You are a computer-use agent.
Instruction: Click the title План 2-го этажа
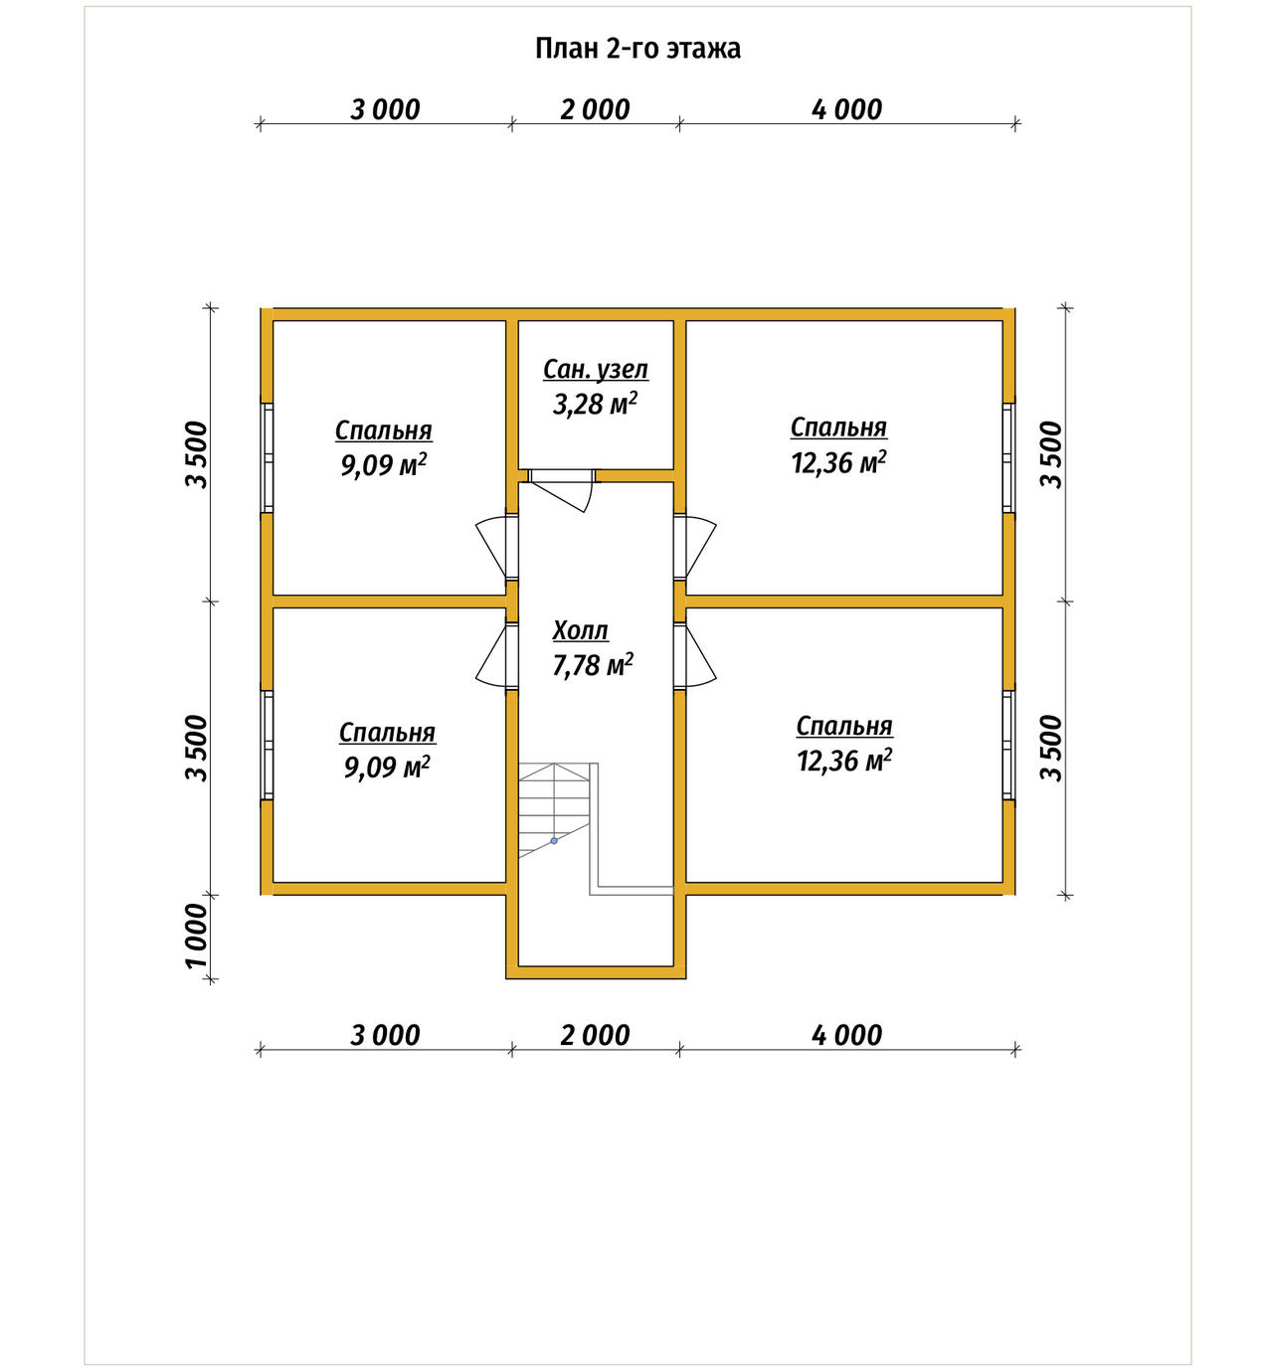click(x=637, y=49)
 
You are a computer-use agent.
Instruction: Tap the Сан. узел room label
click(x=596, y=370)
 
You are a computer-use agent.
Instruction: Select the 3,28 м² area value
click(x=595, y=404)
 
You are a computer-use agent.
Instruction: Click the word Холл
click(x=581, y=630)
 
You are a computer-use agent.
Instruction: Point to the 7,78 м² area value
click(x=593, y=665)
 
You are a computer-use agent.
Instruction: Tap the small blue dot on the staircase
click(x=554, y=841)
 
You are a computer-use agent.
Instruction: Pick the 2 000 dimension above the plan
click(x=595, y=109)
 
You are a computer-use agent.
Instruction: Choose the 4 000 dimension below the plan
click(x=846, y=1035)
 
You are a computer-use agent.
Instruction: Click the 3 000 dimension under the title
click(x=385, y=109)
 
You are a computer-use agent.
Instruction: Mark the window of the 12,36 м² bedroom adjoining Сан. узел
click(x=1007, y=457)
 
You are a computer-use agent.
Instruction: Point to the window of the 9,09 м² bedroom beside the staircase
click(x=267, y=745)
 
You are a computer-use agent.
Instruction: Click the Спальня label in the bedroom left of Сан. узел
click(x=384, y=431)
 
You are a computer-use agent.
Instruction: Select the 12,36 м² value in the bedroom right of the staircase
click(x=844, y=761)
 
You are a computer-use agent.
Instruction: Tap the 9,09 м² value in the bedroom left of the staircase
click(x=387, y=767)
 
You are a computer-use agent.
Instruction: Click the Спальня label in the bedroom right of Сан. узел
click(x=838, y=428)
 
